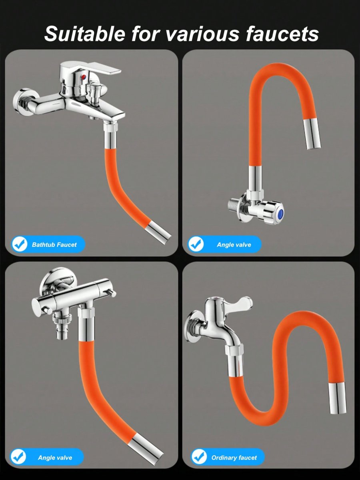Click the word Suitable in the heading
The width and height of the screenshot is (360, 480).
(x=85, y=34)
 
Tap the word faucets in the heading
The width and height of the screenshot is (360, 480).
(x=282, y=34)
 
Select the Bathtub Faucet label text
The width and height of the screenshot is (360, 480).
(x=54, y=244)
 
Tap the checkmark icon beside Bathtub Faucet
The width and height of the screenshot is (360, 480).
(x=20, y=244)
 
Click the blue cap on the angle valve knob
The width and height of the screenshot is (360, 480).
(x=281, y=213)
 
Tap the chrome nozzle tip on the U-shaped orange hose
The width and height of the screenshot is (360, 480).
(x=312, y=134)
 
